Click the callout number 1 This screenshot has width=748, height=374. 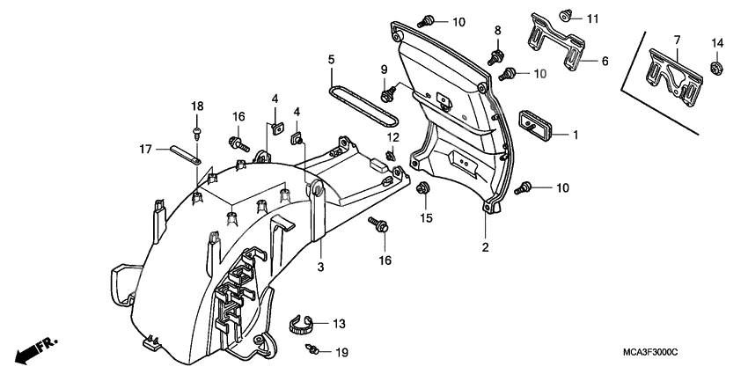tap(576, 136)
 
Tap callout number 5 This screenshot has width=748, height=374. tap(331, 60)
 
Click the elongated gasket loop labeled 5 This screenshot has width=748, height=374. tap(362, 104)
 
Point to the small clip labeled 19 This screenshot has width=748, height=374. tap(312, 350)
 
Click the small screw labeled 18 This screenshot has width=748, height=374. tap(196, 133)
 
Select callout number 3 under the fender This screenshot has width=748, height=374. tap(322, 267)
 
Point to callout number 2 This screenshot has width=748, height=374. tap(484, 247)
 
